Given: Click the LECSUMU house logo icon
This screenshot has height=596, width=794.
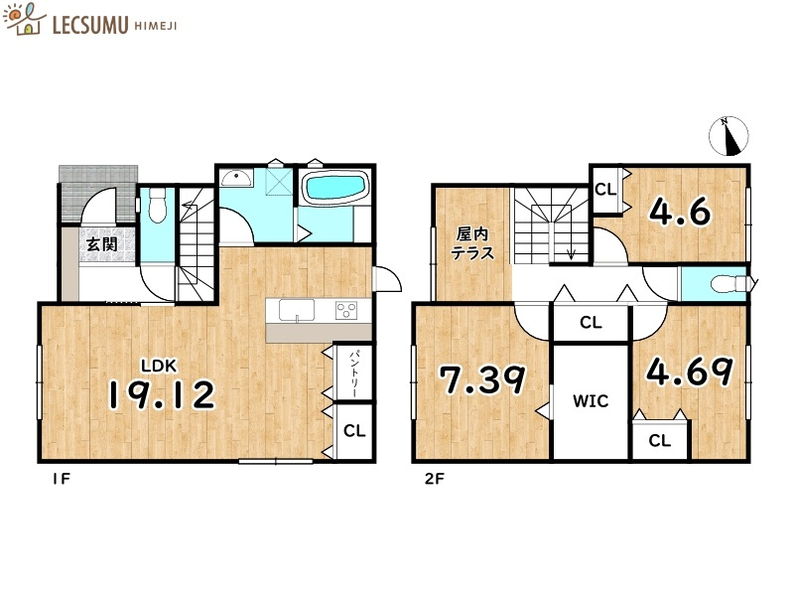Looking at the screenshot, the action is click(x=24, y=19).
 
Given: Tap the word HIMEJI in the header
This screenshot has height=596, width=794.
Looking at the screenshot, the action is click(x=156, y=26).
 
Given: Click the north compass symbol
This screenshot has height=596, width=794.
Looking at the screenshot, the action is click(x=728, y=136).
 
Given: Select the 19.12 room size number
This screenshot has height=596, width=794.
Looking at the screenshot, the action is click(x=162, y=395).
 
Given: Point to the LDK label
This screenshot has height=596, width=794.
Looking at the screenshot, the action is click(x=159, y=366).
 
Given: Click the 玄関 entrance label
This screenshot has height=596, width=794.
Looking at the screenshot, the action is click(x=102, y=244).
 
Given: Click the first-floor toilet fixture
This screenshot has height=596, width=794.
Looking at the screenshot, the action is click(x=158, y=206).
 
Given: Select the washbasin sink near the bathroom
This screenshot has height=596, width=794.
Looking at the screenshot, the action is click(x=237, y=178).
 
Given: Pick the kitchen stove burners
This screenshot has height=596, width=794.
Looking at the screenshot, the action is click(x=346, y=310).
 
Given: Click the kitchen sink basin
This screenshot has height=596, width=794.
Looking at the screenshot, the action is click(x=297, y=310).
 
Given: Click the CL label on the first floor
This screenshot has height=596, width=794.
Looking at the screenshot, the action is click(x=354, y=431).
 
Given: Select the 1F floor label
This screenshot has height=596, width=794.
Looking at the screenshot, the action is click(x=61, y=479).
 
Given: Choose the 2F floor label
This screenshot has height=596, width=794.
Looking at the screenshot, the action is click(x=435, y=479).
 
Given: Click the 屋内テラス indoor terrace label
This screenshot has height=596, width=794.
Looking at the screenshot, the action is click(x=472, y=243).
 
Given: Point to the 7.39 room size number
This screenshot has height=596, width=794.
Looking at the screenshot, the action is click(x=482, y=380).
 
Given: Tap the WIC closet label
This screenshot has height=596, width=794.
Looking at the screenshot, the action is click(x=591, y=401).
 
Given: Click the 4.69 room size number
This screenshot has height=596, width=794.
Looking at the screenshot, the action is click(x=689, y=372).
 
